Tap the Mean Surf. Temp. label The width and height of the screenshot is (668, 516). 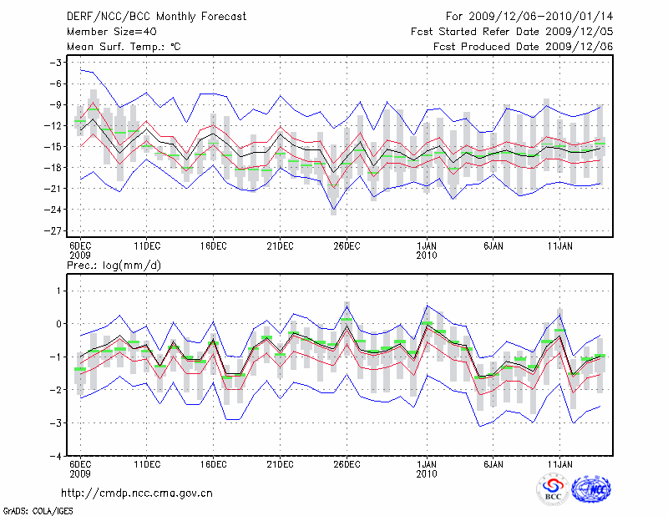(124, 47)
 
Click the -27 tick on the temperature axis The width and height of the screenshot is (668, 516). (57, 230)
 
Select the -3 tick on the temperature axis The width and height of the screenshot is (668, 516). (58, 63)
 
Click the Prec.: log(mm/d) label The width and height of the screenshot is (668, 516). (114, 265)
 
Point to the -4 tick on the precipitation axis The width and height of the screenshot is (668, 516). (58, 457)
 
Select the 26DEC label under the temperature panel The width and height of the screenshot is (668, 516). (347, 245)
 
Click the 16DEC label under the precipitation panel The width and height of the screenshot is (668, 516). (213, 463)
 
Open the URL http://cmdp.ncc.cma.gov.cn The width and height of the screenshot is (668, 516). (137, 493)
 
